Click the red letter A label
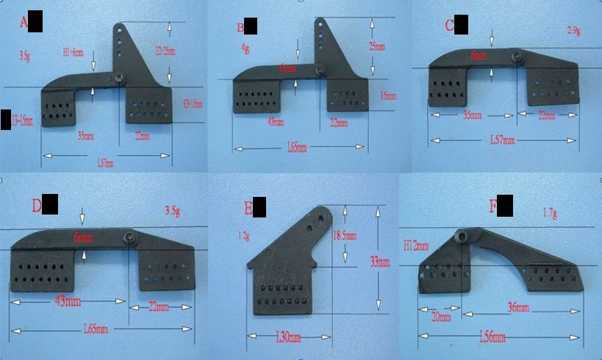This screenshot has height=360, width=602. point(24,24)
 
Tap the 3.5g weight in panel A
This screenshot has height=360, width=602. point(24,55)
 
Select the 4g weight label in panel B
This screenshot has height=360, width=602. point(244,48)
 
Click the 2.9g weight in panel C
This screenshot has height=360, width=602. point(574,30)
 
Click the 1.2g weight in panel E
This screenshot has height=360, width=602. point(245,237)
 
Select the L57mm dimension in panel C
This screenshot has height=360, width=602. point(503,140)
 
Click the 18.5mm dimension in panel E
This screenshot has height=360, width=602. point(345,236)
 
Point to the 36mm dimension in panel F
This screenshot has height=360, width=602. point(518,306)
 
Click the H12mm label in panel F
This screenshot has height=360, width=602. point(415,246)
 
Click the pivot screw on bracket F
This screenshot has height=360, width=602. point(462,235)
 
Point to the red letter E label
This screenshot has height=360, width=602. point(248,209)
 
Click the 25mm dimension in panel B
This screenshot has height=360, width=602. point(376,46)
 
